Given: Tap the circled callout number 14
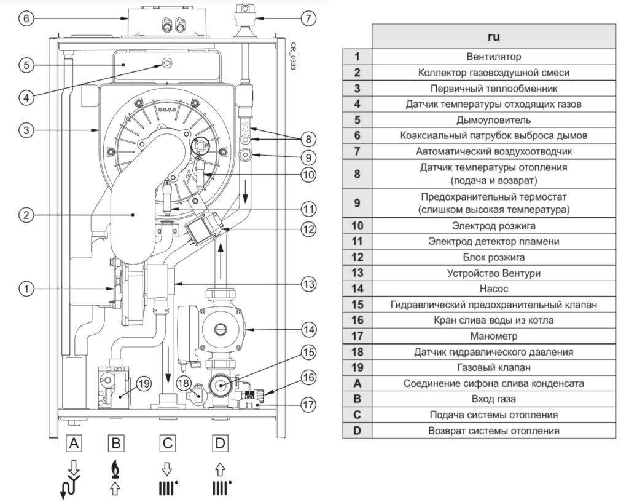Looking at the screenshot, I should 308,330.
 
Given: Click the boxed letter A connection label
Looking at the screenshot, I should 74,442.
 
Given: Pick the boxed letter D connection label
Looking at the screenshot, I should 219,442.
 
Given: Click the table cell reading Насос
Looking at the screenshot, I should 493,288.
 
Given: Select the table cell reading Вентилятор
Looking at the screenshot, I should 493,57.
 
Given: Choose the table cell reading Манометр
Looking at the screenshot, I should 493,336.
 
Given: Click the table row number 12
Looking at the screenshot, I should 357,257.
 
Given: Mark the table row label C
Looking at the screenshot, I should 357,415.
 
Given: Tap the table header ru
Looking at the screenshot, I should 493,36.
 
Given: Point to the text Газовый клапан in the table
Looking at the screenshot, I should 493,367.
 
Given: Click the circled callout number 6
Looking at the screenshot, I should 25,18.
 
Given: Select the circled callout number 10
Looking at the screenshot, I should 308,175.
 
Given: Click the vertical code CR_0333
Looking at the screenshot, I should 293,56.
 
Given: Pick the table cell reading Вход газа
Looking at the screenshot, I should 493,399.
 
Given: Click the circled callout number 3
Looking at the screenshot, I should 25,130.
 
